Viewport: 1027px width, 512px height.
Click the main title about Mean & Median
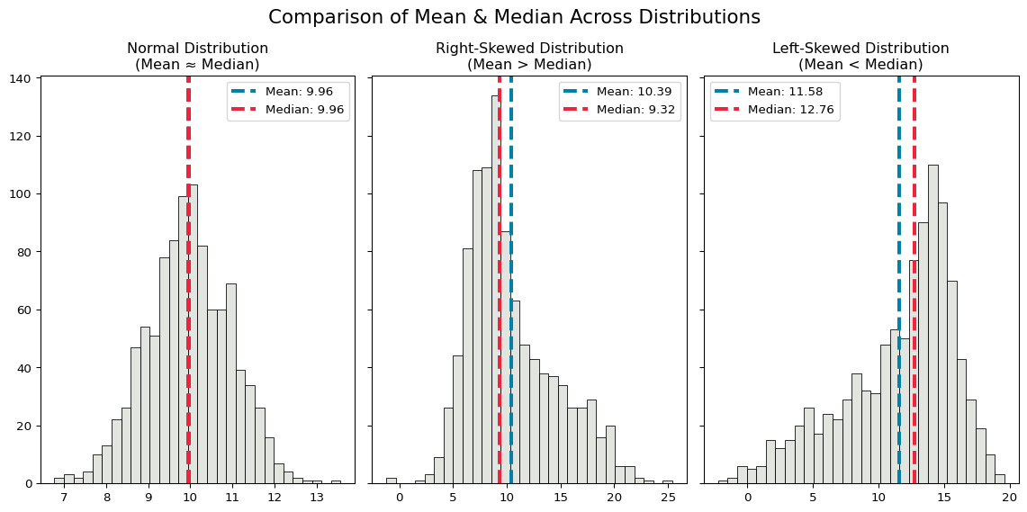[514, 17]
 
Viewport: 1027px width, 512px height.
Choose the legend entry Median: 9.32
[635, 110]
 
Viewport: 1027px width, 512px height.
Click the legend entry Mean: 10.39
[635, 92]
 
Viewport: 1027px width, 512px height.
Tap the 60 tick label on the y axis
[26, 310]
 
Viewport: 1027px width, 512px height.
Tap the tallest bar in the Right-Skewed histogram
[496, 288]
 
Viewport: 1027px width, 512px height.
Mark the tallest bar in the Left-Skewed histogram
[932, 324]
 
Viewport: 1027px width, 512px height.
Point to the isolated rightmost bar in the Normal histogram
[336, 481]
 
